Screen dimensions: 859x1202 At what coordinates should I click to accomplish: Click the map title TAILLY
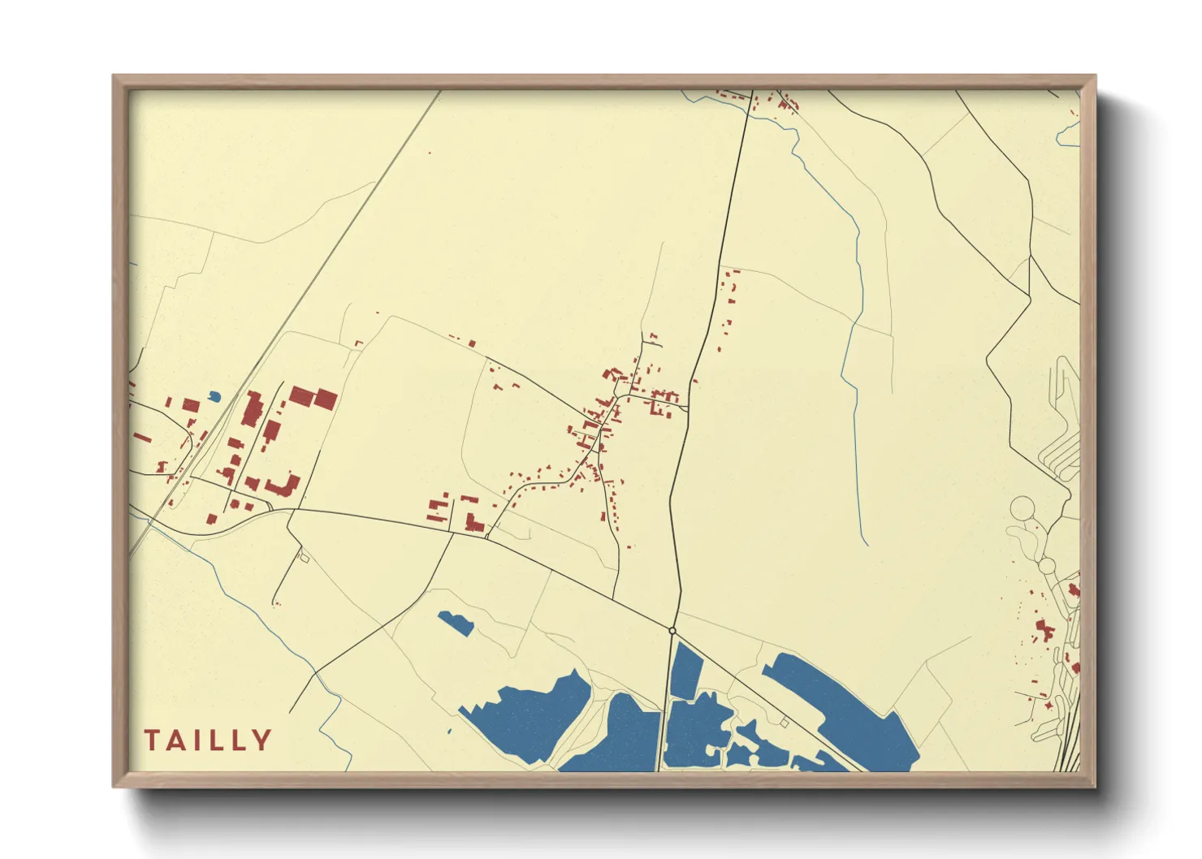click(208, 740)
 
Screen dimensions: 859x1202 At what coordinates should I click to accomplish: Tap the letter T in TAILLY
click(152, 740)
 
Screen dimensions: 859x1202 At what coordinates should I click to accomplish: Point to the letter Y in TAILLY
click(262, 740)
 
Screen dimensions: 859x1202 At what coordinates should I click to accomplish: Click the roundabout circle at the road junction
click(672, 630)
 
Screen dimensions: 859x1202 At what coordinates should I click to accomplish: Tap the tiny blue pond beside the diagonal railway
click(214, 396)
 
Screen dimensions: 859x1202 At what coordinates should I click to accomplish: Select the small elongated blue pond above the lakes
click(456, 623)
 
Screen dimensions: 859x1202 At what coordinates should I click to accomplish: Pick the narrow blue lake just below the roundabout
click(686, 671)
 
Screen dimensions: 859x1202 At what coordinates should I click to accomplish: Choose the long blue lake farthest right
click(845, 710)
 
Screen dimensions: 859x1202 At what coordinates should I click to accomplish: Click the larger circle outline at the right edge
click(1023, 509)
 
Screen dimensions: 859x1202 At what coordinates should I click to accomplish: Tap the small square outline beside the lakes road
click(785, 722)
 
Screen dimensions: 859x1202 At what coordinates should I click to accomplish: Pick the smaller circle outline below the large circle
click(1047, 565)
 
